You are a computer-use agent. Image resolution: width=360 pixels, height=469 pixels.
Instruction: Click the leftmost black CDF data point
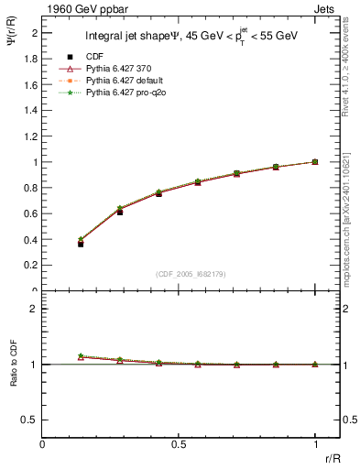click(x=81, y=244)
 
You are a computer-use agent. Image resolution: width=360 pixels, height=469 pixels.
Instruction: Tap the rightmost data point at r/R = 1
click(x=315, y=162)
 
